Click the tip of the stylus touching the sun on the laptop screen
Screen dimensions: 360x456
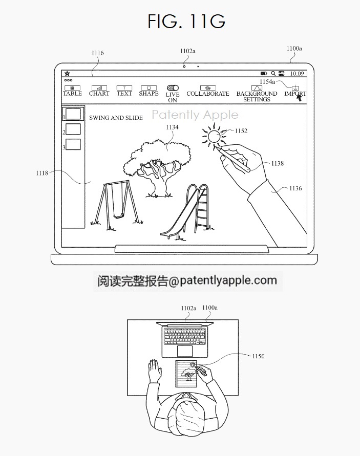(215, 147)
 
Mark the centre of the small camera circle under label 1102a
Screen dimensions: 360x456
(184, 67)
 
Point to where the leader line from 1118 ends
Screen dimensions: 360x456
(91, 182)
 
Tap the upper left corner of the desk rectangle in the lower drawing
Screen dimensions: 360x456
(128, 320)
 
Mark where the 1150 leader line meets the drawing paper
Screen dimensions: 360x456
(197, 365)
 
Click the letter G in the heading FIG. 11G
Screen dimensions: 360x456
(216, 21)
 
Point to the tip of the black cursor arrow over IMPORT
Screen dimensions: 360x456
(298, 95)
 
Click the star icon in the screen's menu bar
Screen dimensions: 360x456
(67, 74)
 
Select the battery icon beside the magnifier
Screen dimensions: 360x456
(264, 74)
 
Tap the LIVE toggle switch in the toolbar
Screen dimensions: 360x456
(173, 88)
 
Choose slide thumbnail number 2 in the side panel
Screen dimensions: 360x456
(73, 129)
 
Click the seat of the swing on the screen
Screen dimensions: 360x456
(119, 216)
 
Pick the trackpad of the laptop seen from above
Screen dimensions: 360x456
(185, 351)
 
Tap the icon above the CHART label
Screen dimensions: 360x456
(99, 88)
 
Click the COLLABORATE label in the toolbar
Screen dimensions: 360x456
(208, 94)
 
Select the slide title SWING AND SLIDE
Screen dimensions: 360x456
(116, 118)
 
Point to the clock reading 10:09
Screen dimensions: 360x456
(297, 74)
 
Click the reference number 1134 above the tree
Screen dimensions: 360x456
(172, 127)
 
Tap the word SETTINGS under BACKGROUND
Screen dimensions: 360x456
(257, 99)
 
